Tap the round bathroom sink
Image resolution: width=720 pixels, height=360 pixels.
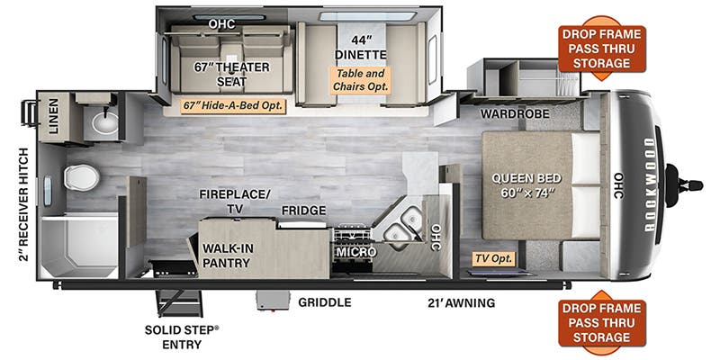pyautogui.click(x=105, y=122)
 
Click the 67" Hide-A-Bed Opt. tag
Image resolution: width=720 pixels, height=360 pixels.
pyautogui.click(x=232, y=105)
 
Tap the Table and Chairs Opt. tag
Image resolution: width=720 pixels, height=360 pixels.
pyautogui.click(x=360, y=81)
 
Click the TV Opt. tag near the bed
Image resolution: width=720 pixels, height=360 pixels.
pyautogui.click(x=493, y=258)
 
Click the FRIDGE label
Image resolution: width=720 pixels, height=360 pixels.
pyautogui.click(x=297, y=210)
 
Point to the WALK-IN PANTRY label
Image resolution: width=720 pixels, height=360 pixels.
pyautogui.click(x=227, y=254)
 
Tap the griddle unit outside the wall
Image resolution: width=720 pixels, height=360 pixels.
pyautogui.click(x=272, y=301)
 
